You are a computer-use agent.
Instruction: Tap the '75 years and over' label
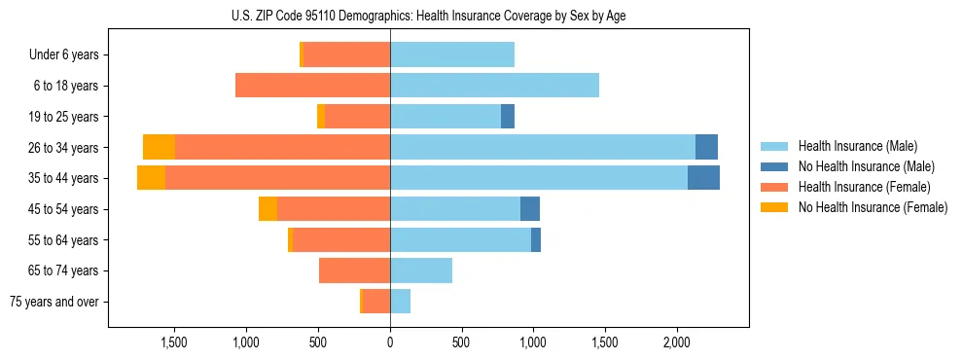tap(54, 302)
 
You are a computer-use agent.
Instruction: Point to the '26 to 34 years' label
tap(64, 148)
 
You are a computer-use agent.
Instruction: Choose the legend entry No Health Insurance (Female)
tap(873, 207)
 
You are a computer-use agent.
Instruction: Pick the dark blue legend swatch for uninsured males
tap(774, 166)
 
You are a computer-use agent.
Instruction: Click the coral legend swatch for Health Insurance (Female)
tap(774, 187)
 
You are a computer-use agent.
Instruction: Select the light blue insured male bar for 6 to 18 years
tap(494, 86)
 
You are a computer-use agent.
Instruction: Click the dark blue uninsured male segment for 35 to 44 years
tap(703, 178)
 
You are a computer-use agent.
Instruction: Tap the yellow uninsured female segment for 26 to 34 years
tap(159, 147)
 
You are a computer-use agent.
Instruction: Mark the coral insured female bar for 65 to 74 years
tap(354, 270)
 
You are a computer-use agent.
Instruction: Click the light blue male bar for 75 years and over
tap(400, 302)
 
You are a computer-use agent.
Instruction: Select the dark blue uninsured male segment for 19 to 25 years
tap(508, 117)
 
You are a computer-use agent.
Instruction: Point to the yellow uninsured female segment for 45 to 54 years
tap(267, 209)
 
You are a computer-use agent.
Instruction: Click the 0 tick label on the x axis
tap(390, 342)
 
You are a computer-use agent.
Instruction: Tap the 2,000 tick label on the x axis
tap(677, 342)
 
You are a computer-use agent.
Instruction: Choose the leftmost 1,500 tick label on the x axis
tap(173, 342)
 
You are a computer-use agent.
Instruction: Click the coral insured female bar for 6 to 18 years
tap(312, 86)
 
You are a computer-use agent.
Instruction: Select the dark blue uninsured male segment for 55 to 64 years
tap(536, 239)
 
